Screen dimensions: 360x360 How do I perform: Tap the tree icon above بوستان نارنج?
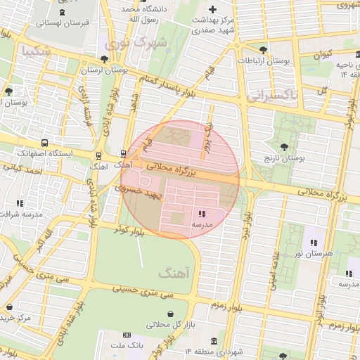click(283, 147)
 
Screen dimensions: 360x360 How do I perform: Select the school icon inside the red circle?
click(202, 213)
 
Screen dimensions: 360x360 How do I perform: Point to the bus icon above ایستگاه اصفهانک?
click(45, 142)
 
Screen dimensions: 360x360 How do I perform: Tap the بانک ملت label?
click(127, 347)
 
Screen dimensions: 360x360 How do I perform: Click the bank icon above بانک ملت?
click(127, 335)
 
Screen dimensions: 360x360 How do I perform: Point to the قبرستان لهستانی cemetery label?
click(63, 23)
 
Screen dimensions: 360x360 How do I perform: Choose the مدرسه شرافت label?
click(20, 214)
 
